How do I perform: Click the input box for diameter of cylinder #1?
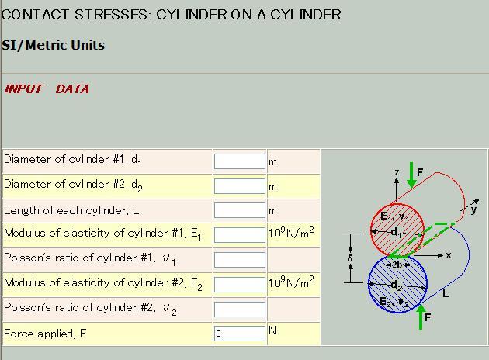coord(240,161)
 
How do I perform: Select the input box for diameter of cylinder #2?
coord(240,186)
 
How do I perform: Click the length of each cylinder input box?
coord(240,210)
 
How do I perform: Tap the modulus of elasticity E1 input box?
coord(240,235)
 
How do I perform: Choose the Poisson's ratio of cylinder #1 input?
coord(240,260)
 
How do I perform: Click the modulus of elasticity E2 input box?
coord(240,284)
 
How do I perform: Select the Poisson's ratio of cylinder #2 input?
coord(240,309)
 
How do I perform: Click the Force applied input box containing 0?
coord(240,334)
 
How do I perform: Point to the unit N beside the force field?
coord(272,331)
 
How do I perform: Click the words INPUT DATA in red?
coord(47,89)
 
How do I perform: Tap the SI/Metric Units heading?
coord(53,45)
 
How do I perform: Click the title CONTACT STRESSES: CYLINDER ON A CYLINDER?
coord(171,15)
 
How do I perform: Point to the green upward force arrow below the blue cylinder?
coord(421,317)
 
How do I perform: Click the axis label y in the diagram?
coord(473,210)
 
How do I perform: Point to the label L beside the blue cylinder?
coord(446,295)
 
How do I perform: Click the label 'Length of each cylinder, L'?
coord(71,210)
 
